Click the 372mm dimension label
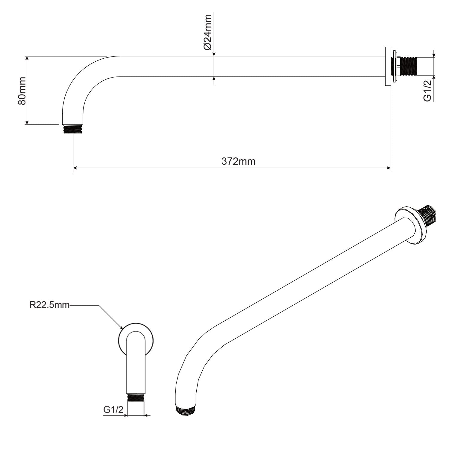[238, 161]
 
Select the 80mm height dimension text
[22, 90]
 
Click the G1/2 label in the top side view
[428, 90]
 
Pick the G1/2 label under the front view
[113, 410]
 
